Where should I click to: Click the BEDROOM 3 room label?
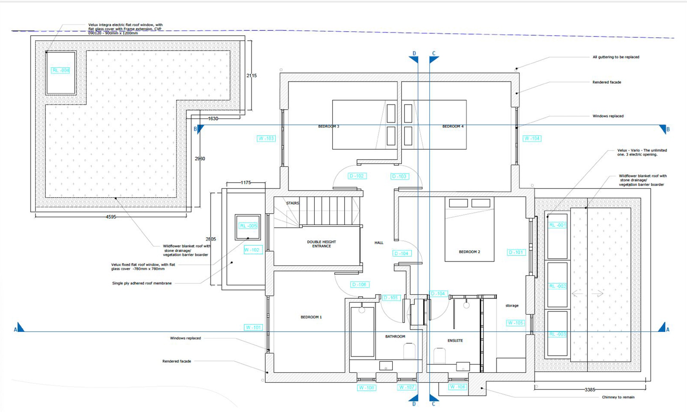pyautogui.click(x=328, y=126)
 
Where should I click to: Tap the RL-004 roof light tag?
pyautogui.click(x=60, y=70)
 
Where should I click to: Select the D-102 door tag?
pyautogui.click(x=357, y=176)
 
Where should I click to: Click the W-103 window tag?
pyautogui.click(x=266, y=138)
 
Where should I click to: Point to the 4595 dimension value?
pyautogui.click(x=111, y=217)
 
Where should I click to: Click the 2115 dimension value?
pyautogui.click(x=251, y=76)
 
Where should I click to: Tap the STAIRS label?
pyautogui.click(x=293, y=203)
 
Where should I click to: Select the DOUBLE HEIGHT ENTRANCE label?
pyautogui.click(x=321, y=244)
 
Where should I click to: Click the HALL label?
pyautogui.click(x=379, y=243)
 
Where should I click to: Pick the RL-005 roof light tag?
pyautogui.click(x=248, y=226)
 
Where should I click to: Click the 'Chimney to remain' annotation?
pyautogui.click(x=618, y=397)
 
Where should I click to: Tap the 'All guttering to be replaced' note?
pyautogui.click(x=616, y=57)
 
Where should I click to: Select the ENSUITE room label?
pyautogui.click(x=455, y=340)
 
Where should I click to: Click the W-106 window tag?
pyautogui.click(x=457, y=387)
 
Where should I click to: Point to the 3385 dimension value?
pyautogui.click(x=590, y=389)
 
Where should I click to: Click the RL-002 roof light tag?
pyautogui.click(x=557, y=286)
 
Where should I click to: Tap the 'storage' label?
pyautogui.click(x=512, y=306)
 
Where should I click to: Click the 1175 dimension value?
pyautogui.click(x=246, y=182)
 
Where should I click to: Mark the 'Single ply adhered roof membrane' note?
pyautogui.click(x=142, y=283)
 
